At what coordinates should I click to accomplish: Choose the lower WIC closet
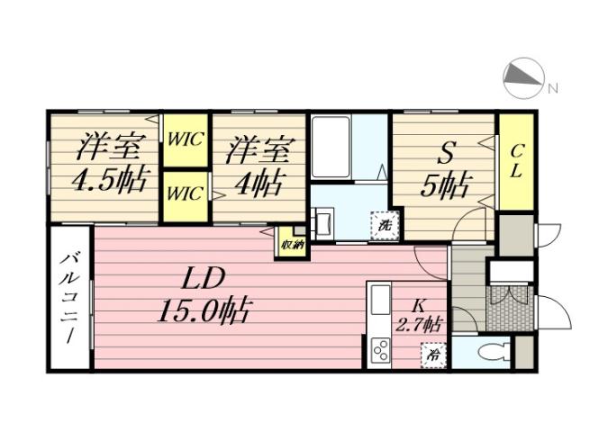pyautogui.click(x=186, y=193)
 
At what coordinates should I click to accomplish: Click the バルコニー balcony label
pyautogui.click(x=69, y=297)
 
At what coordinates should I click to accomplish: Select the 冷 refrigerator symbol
pyautogui.click(x=434, y=355)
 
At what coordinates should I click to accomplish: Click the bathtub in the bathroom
pyautogui.click(x=331, y=148)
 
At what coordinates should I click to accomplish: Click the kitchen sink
pyautogui.click(x=379, y=298)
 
